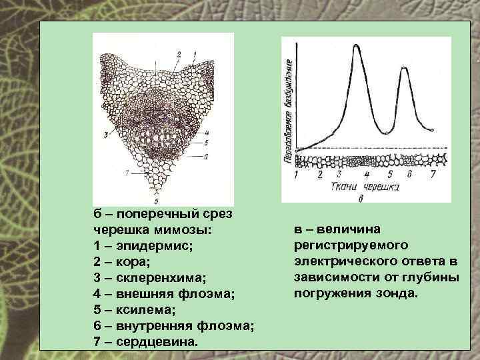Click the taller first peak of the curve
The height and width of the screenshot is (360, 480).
(355, 47)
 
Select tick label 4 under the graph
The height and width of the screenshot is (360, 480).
(367, 175)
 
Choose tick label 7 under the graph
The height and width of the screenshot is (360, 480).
(433, 175)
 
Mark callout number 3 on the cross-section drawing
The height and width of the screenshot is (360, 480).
(105, 135)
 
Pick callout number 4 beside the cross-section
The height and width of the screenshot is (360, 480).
(207, 132)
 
